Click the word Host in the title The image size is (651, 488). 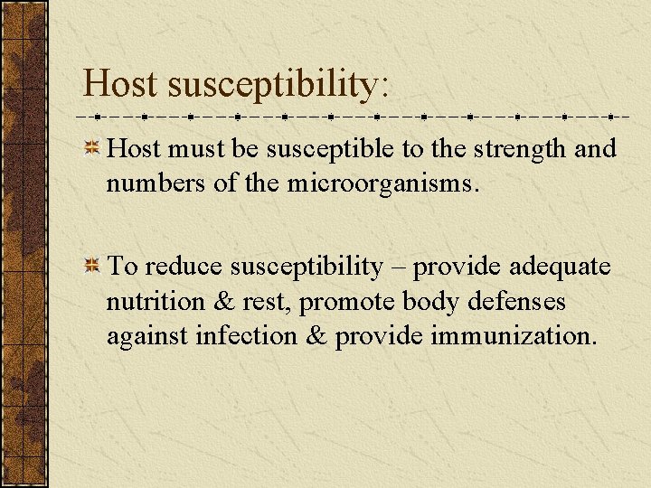(x=121, y=84)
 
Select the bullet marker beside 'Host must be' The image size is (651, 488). (x=91, y=149)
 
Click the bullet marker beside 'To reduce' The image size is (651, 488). (x=91, y=267)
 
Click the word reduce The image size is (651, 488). (x=184, y=267)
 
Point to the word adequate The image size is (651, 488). (x=560, y=267)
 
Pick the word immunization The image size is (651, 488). (x=514, y=335)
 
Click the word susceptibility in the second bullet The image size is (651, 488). (x=307, y=267)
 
